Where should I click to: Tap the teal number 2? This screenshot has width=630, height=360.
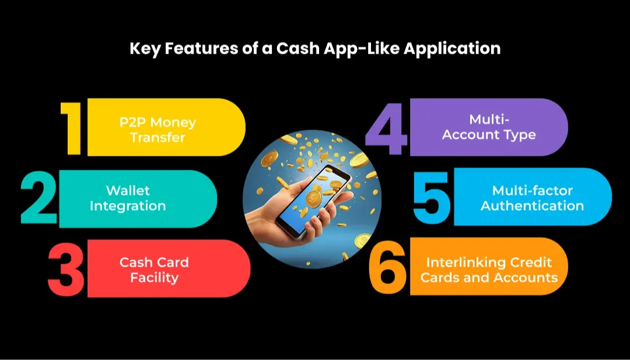coord(39,198)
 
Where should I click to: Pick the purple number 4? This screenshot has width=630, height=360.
coord(387,128)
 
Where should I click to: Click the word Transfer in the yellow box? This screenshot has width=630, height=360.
coord(157,138)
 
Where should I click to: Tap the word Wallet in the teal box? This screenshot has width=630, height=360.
coord(128,191)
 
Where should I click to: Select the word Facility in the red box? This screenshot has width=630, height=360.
coord(154,277)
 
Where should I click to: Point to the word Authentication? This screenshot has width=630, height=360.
coord(532,206)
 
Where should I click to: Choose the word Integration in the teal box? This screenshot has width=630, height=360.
coord(136,206)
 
